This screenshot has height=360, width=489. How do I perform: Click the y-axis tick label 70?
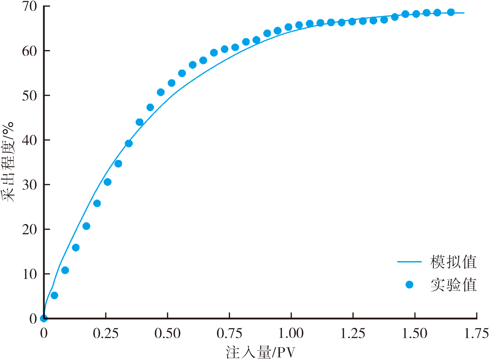coord(30,6)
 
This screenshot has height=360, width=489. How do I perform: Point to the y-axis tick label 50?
coord(30,96)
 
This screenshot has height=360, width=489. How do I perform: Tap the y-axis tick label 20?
coord(30,230)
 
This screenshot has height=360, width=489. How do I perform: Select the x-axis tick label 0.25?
coord(106,334)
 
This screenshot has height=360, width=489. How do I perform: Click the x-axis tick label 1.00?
coord(291,334)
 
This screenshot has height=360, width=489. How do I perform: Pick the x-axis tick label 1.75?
coord(476,334)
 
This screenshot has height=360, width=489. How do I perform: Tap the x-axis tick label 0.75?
coord(229,334)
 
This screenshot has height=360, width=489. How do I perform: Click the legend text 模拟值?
coord(453,262)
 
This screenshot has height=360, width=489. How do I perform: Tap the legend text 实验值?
coord(453,285)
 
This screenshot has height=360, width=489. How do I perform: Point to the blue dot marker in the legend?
coord(409,285)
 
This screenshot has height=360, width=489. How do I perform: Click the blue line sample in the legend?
coord(409,262)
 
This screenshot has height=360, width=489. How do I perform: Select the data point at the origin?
coord(44,318)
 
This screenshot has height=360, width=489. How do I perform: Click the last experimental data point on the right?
coord(451,12)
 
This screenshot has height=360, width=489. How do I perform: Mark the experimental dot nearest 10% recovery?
coord(65,270)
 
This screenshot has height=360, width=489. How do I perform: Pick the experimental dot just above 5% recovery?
coord(54,295)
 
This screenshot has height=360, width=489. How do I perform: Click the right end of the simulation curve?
coord(464,13)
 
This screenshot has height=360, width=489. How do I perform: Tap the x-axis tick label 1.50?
coord(415,334)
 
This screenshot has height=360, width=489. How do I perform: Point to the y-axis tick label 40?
coord(30,140)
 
